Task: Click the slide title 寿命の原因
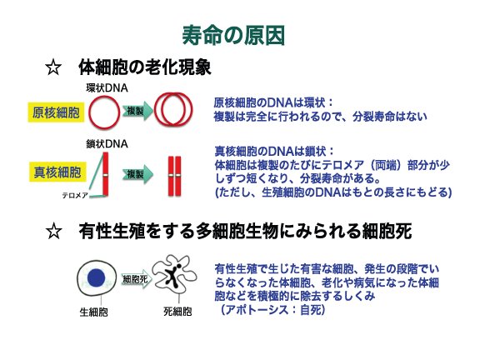[x=233, y=35]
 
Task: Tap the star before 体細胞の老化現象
[x=53, y=67]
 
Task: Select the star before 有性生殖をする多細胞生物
[x=54, y=231]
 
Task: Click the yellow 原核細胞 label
[x=56, y=112]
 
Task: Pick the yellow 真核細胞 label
[x=57, y=172]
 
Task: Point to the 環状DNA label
[x=107, y=88]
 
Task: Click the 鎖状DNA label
[x=107, y=143]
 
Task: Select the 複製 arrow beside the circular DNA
[x=137, y=111]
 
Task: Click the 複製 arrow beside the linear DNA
[x=137, y=174]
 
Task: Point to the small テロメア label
[x=75, y=195]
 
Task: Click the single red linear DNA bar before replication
[x=106, y=174]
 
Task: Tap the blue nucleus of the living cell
[x=97, y=278]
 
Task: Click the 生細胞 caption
[x=93, y=312]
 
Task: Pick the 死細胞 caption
[x=177, y=312]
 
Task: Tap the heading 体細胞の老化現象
[x=145, y=67]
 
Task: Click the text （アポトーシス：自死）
[x=272, y=310]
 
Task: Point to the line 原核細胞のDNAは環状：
[x=273, y=102]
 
